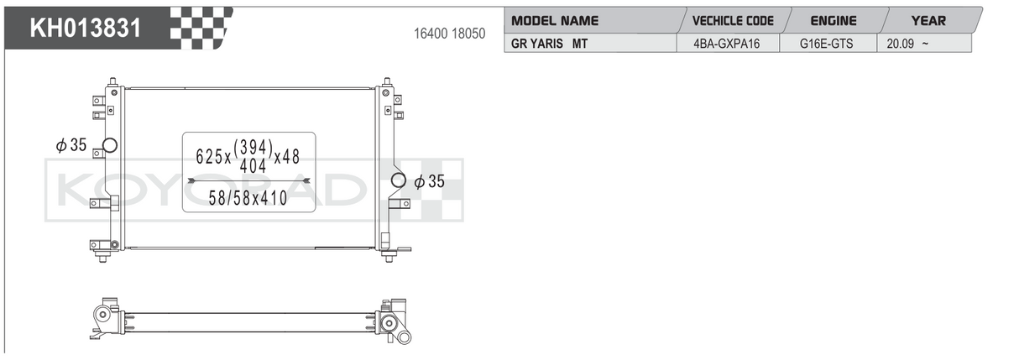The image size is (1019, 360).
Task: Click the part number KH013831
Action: click(86, 28)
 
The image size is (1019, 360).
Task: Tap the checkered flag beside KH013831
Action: click(201, 29)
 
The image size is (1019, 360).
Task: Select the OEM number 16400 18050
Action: click(449, 34)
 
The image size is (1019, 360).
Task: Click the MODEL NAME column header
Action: click(555, 21)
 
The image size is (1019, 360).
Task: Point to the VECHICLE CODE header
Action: click(733, 21)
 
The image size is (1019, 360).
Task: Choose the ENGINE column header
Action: click(833, 21)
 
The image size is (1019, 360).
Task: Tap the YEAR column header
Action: click(928, 21)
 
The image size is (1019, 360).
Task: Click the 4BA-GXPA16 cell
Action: click(728, 44)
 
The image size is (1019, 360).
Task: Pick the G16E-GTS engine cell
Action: click(828, 44)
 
